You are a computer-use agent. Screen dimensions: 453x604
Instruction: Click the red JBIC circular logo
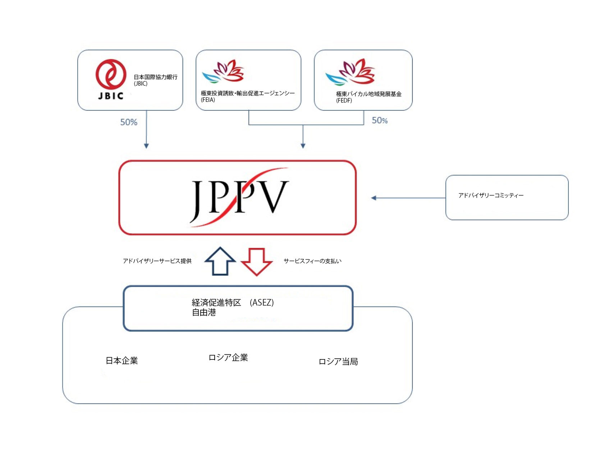(111, 74)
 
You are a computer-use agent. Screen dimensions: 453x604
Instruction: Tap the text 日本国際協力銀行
(155, 77)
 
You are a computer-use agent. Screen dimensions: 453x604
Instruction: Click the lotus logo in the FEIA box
(223, 71)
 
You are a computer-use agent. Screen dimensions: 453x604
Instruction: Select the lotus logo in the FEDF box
(350, 72)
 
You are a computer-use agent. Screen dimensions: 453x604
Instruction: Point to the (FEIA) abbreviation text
(208, 100)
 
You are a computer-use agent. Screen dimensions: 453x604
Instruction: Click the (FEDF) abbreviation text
(344, 101)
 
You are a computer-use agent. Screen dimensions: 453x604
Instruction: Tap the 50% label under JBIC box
(129, 122)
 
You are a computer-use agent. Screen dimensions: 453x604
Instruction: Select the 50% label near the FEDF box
(380, 121)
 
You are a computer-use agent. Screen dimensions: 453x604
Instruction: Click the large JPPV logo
(239, 197)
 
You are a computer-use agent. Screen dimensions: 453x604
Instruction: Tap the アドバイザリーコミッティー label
(491, 195)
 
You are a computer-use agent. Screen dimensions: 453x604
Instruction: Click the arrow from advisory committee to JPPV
(408, 198)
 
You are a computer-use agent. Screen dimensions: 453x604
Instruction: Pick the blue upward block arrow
(220, 261)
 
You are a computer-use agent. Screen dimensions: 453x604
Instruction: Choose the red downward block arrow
(257, 262)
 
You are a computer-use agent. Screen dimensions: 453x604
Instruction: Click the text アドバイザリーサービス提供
(157, 261)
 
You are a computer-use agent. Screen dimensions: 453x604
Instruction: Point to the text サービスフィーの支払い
(312, 261)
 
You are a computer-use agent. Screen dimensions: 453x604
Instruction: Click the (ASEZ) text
(262, 303)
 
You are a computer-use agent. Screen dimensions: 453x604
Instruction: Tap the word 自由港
(204, 312)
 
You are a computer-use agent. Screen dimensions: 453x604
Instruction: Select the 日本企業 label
(122, 361)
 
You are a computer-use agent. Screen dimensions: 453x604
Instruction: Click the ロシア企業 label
(228, 357)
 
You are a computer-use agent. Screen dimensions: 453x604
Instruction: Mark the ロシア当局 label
(338, 362)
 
